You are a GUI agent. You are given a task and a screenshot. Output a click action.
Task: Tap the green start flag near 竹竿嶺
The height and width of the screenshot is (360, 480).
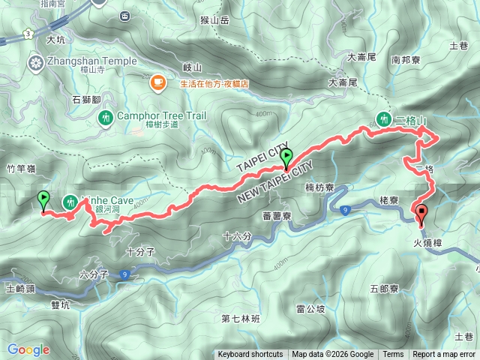click(x=43, y=199)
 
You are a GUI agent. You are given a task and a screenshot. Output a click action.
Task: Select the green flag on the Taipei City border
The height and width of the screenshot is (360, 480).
click(x=286, y=157)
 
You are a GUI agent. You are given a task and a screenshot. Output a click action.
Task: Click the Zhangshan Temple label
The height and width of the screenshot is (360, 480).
click(x=92, y=61)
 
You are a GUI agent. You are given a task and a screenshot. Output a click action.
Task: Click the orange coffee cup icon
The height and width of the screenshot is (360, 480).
click(x=157, y=82)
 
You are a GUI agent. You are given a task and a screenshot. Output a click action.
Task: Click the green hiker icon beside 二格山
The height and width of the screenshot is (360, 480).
click(x=384, y=118)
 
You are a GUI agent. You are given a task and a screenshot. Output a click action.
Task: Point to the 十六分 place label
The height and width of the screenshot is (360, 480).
click(x=237, y=237)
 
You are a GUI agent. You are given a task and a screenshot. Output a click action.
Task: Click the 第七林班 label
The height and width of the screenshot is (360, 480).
click(x=240, y=318)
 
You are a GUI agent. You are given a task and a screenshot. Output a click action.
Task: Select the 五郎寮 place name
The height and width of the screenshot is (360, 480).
click(x=385, y=288)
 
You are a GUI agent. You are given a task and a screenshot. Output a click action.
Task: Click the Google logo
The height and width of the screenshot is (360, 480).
click(x=28, y=349)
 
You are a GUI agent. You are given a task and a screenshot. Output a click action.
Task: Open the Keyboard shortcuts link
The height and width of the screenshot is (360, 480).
click(x=250, y=355)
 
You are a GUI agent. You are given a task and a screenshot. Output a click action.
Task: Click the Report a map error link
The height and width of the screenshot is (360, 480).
click(x=444, y=355)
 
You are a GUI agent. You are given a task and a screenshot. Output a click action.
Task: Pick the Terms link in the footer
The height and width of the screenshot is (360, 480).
click(x=393, y=355)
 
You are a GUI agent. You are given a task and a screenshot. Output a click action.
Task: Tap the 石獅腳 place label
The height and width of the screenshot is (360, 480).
click(x=86, y=97)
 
